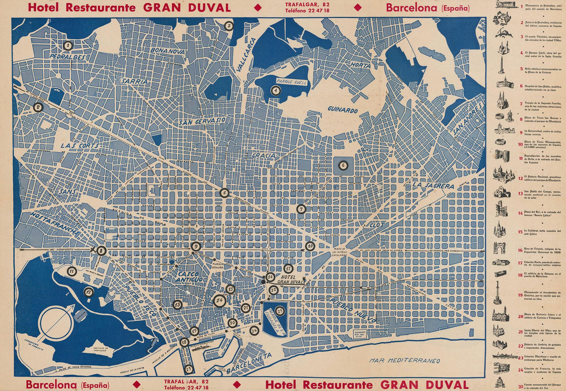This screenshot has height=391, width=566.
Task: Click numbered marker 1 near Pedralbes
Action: click(x=68, y=45)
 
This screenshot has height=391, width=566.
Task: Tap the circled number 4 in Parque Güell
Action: click(x=276, y=91)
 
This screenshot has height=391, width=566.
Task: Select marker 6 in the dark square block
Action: click(x=343, y=165)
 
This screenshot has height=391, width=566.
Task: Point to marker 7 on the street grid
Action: click(x=301, y=209)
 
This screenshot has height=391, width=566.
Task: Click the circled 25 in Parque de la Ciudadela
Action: click(x=280, y=311)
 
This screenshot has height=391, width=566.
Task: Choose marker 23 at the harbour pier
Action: click(x=189, y=369)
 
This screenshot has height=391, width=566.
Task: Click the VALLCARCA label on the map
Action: click(x=246, y=55)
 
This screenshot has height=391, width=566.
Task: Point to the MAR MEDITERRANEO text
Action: click(x=405, y=360)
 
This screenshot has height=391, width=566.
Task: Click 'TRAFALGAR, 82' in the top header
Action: click(x=307, y=5)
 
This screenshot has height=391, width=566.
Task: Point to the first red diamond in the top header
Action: click(x=257, y=7)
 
